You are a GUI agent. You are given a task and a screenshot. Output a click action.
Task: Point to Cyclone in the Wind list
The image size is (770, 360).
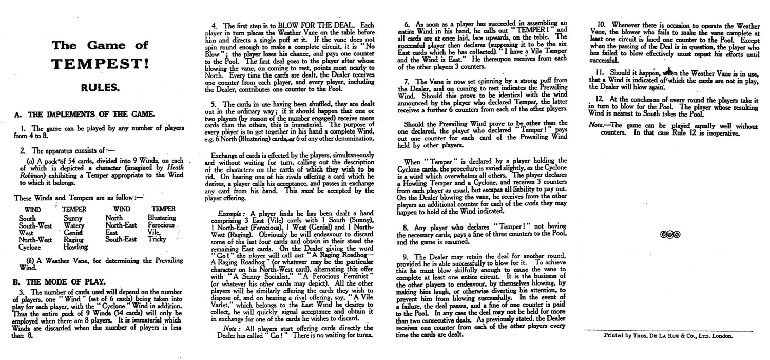(x=30, y=247)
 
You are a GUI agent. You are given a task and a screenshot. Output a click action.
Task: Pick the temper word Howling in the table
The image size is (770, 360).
(x=72, y=247)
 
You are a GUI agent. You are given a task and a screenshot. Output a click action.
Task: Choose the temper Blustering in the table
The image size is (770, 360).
(x=162, y=218)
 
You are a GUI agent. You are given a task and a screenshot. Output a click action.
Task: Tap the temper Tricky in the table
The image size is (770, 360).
(x=158, y=240)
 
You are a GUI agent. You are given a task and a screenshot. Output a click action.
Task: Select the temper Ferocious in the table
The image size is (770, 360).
(x=162, y=225)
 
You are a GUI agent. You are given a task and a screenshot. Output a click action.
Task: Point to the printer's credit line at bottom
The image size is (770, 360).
(x=669, y=336)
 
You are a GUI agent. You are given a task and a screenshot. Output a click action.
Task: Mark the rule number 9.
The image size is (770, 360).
(x=416, y=256)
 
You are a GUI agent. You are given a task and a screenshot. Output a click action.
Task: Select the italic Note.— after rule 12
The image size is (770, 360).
(x=598, y=125)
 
